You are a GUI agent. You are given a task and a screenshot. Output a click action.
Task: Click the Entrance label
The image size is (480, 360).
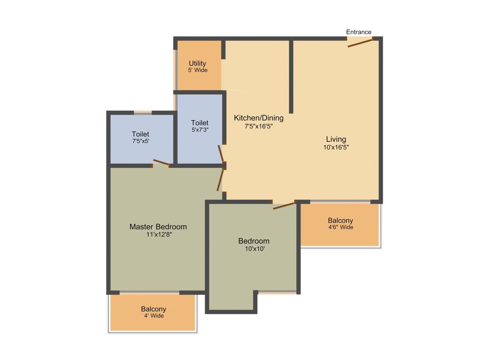[x=359, y=32]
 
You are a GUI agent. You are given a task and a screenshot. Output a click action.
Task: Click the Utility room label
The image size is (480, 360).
[x=197, y=63]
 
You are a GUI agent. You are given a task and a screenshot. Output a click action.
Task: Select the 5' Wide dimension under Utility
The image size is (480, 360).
[x=198, y=70]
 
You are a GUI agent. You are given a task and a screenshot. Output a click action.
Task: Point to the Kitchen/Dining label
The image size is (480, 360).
[x=258, y=118]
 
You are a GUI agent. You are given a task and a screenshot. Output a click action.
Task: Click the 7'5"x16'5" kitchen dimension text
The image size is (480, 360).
[x=258, y=126]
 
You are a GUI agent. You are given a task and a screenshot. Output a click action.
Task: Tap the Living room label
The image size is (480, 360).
[x=336, y=139]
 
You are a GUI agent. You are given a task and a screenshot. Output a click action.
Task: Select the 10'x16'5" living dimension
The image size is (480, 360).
[x=336, y=147]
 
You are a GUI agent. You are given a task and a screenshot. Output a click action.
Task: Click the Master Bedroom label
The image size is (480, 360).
[x=158, y=227]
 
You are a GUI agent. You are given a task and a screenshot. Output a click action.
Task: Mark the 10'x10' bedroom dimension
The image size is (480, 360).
[x=254, y=249]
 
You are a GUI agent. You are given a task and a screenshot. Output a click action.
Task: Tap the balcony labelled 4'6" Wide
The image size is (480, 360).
[x=340, y=224]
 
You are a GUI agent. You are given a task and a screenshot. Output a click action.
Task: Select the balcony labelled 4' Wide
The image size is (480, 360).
[x=153, y=313]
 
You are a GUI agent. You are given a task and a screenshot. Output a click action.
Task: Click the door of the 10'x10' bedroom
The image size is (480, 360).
[x=284, y=205]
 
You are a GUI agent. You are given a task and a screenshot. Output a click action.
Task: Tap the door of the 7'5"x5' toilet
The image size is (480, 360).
[x=161, y=162]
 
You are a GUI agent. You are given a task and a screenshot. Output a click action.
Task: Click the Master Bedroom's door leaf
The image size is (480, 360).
[x=220, y=180]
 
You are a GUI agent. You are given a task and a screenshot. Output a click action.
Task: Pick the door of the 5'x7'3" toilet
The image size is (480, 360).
[x=221, y=153]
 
